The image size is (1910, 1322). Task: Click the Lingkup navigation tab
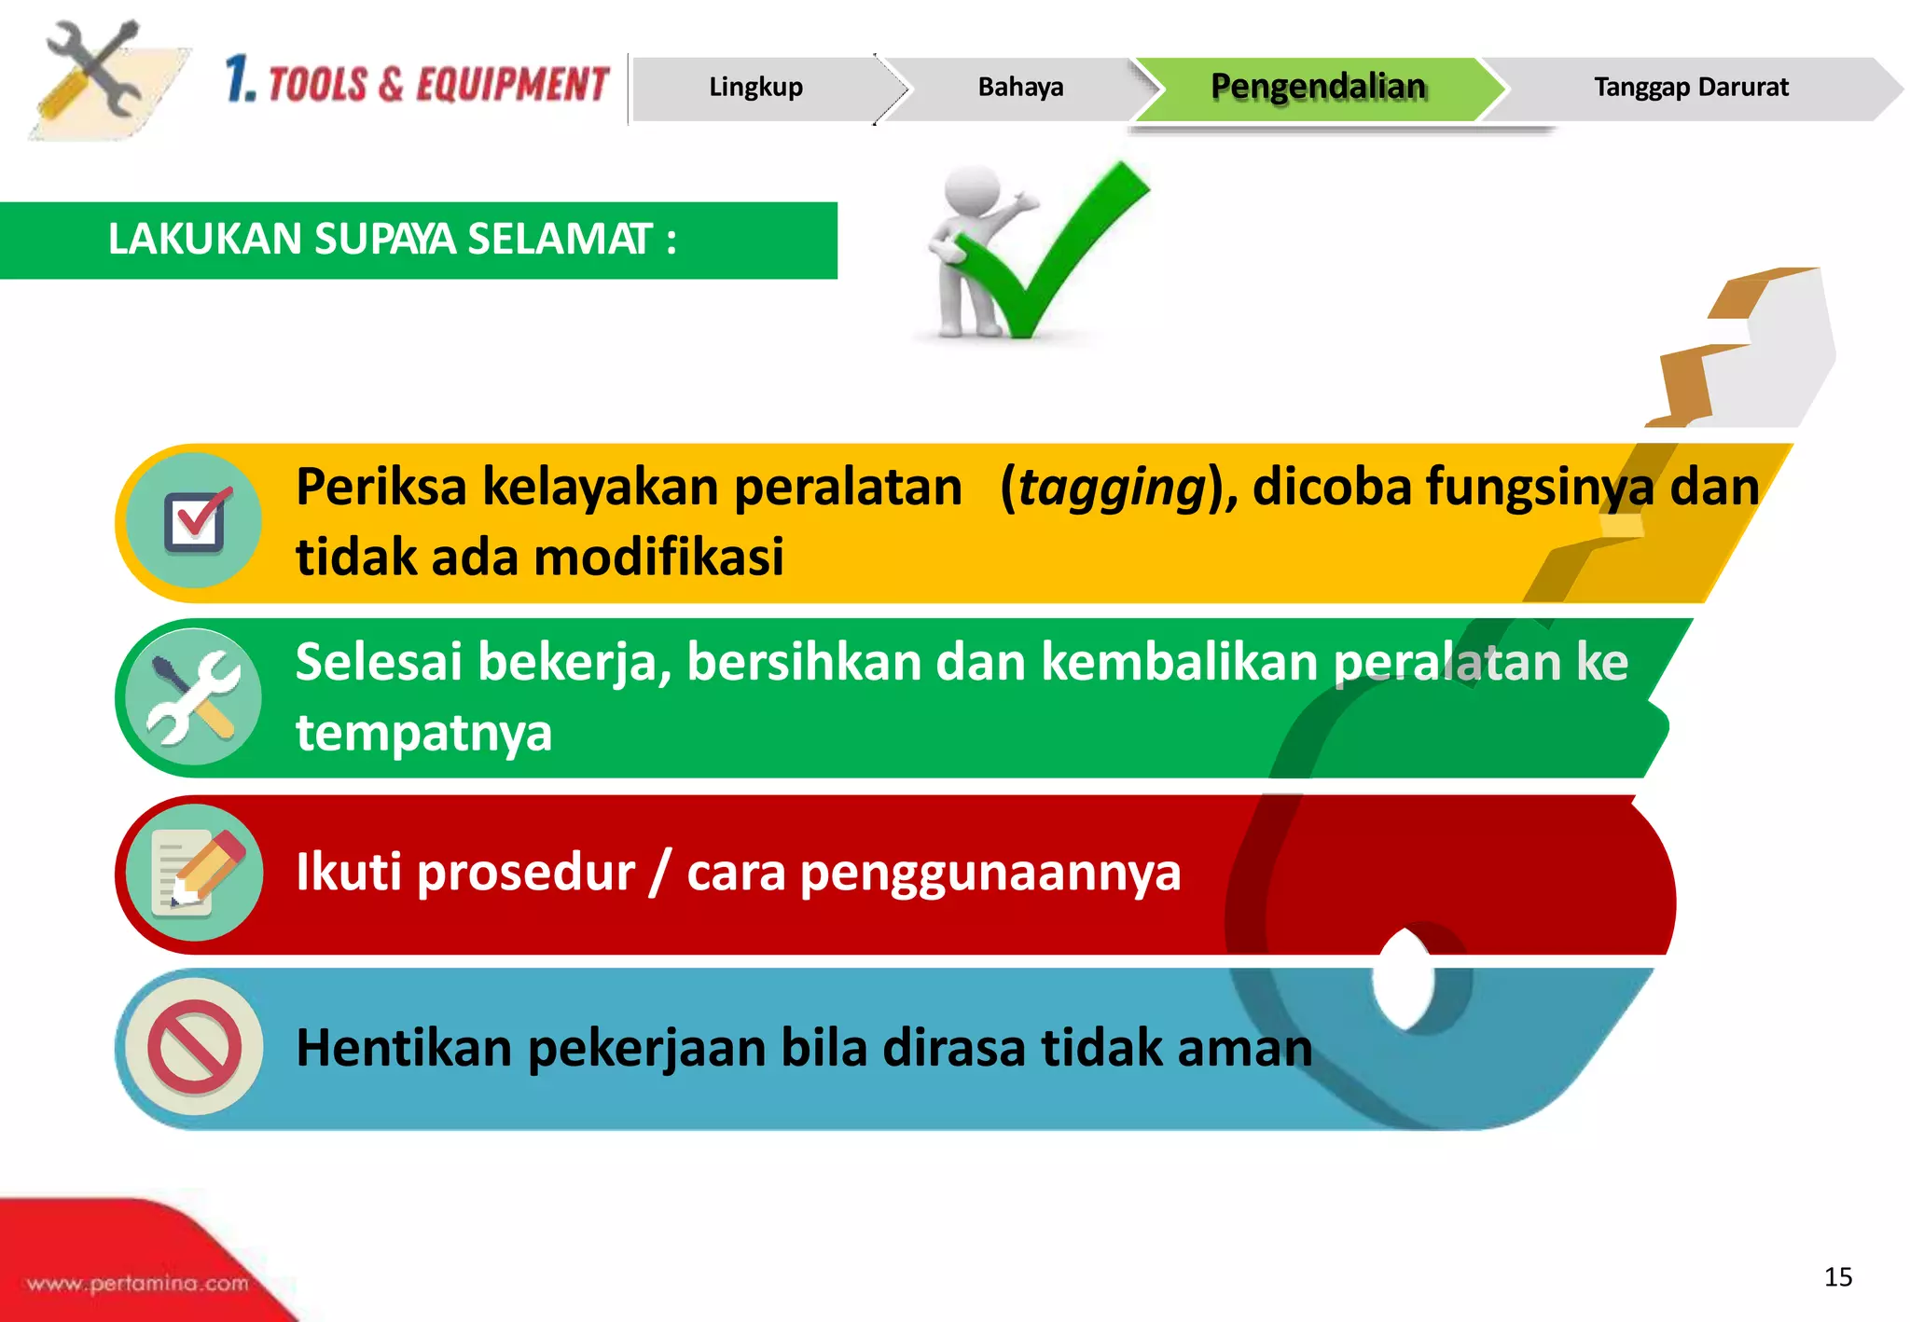(x=755, y=88)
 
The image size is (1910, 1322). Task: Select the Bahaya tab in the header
(x=1020, y=88)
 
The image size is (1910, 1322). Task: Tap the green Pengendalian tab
(x=1318, y=87)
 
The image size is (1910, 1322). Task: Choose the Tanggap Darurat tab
(x=1691, y=88)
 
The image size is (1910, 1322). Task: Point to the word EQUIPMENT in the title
(x=512, y=85)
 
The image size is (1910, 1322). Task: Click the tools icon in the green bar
(x=195, y=696)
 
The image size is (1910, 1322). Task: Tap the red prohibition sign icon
(x=195, y=1047)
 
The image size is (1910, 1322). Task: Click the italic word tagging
(x=1112, y=488)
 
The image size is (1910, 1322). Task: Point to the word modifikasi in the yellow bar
(x=658, y=558)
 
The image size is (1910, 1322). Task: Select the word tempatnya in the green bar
(x=424, y=733)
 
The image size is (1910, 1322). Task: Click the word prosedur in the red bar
(x=526, y=873)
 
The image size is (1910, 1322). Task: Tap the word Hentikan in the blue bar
(x=404, y=1047)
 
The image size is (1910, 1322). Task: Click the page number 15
(x=1837, y=1276)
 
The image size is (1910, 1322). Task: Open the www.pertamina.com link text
(x=138, y=1284)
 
